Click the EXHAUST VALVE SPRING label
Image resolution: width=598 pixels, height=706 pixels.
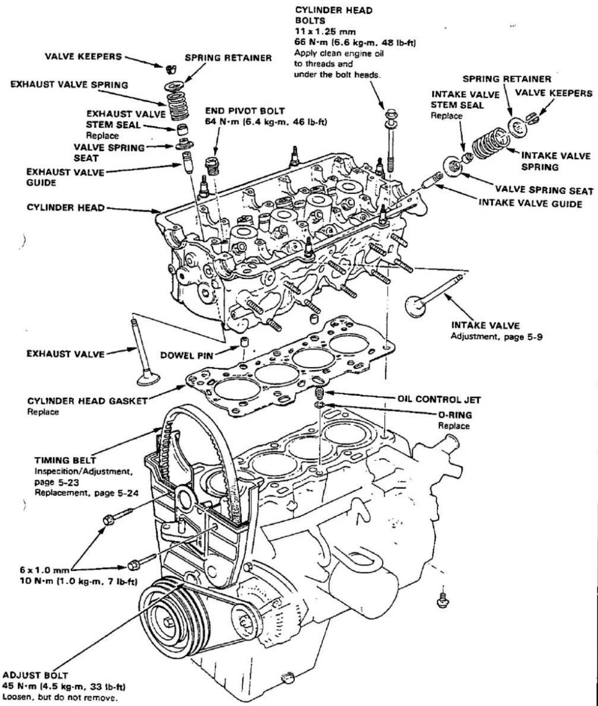click(69, 84)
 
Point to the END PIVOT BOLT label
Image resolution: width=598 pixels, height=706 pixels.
click(245, 111)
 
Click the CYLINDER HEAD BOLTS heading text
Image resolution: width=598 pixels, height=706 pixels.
click(334, 15)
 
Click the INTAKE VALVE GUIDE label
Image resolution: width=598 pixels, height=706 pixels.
click(530, 203)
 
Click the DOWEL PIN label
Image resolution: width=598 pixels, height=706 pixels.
click(187, 356)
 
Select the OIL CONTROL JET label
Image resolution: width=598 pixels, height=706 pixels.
click(439, 399)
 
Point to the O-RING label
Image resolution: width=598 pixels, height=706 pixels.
click(454, 415)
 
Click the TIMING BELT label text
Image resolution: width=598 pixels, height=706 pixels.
click(65, 460)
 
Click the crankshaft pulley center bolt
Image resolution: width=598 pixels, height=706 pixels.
click(167, 621)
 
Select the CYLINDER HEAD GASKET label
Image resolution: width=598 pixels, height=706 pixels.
click(87, 401)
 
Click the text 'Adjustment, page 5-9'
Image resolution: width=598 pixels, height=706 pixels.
click(497, 337)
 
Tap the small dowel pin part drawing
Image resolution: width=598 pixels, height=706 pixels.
click(244, 343)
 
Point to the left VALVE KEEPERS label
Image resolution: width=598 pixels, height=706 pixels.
click(83, 57)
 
